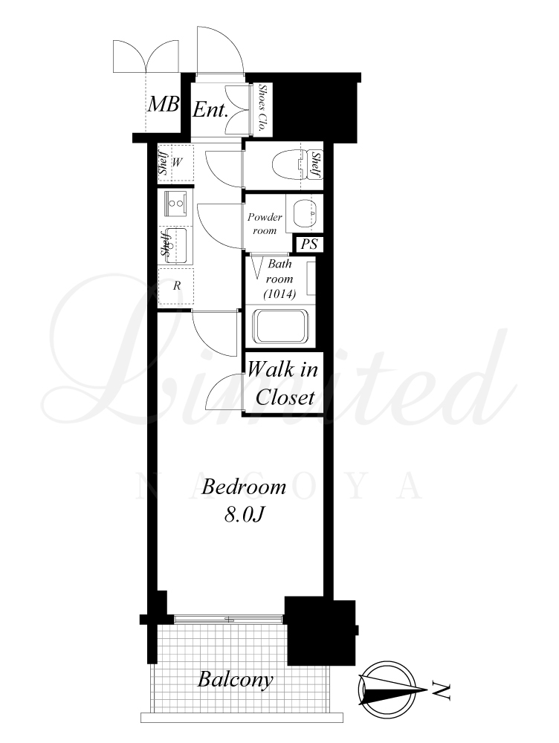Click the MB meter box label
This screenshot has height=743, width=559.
164,104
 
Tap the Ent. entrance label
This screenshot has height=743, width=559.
210,111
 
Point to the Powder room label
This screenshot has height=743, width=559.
265,224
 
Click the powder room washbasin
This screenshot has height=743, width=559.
303,213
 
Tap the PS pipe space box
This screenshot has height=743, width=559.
309,244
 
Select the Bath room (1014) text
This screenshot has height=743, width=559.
279,279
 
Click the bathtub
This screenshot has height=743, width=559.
281,326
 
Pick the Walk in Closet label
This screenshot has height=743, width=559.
282,383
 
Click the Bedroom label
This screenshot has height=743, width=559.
243,487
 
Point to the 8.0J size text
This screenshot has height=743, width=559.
243,515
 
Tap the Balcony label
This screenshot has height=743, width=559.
236,680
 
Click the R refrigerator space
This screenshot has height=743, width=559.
176,286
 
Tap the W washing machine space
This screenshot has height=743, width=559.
176,163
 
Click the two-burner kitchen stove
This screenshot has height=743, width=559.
176,204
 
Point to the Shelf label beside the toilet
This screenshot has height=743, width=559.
316,165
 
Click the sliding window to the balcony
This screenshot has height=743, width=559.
228,619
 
